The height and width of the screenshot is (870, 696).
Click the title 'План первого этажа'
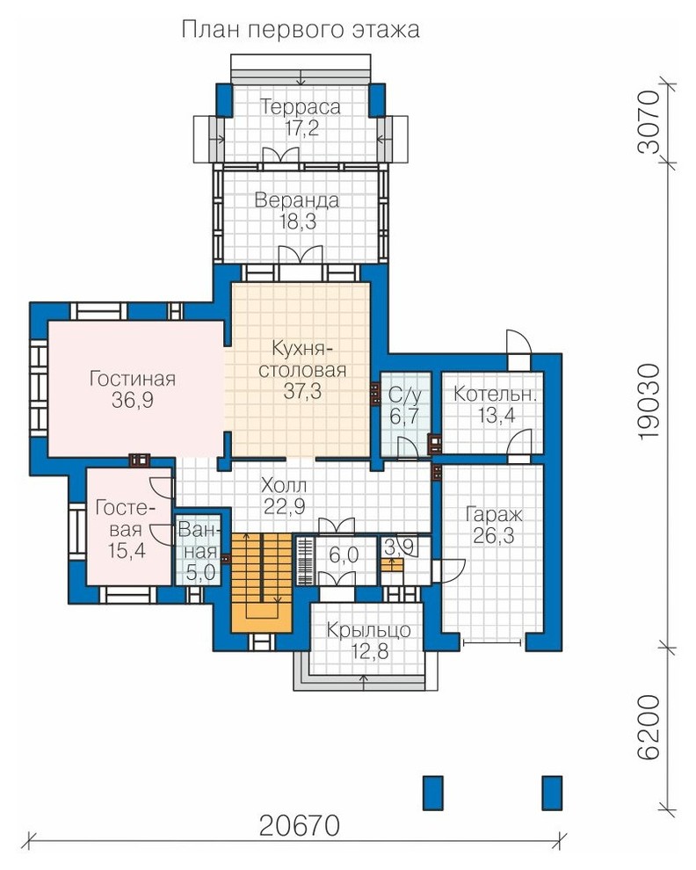[301, 29]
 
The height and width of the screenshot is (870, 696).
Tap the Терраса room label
[300, 106]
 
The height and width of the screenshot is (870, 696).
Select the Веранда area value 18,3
[298, 222]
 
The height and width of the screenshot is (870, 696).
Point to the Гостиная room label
[133, 379]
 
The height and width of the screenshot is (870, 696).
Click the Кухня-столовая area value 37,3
[302, 391]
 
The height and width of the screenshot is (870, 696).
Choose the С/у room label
[404, 395]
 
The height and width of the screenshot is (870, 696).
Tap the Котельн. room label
[495, 394]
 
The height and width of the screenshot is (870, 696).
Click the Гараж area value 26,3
[494, 536]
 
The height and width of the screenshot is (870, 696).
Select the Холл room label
[284, 485]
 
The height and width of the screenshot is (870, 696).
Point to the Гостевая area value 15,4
[127, 551]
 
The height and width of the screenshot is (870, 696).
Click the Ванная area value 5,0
[200, 573]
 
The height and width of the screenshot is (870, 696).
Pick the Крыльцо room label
[368, 630]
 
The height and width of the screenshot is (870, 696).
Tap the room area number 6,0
[344, 555]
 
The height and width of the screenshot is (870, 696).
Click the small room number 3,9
[400, 547]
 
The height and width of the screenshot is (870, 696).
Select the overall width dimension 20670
[300, 825]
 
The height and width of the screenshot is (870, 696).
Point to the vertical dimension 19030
[649, 402]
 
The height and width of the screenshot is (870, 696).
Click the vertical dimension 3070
[649, 122]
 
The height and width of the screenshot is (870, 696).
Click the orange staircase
[261, 583]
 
